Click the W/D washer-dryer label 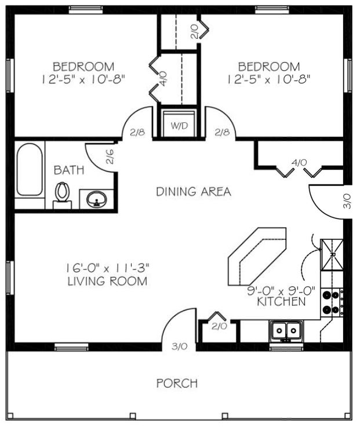[x=179, y=126]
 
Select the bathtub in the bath [x=30, y=170]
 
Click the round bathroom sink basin [x=97, y=199]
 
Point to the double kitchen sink [x=286, y=331]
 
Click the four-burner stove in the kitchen [x=332, y=302]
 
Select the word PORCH [x=177, y=383]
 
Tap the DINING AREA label [x=194, y=192]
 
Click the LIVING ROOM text [x=107, y=281]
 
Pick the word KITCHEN [x=281, y=302]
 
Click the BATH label [x=69, y=170]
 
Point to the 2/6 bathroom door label [x=110, y=156]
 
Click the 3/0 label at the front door [x=180, y=346]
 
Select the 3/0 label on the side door [x=347, y=201]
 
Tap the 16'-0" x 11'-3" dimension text [x=107, y=268]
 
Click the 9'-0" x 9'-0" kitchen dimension [x=281, y=291]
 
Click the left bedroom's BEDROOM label [x=83, y=67]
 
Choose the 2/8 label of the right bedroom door [x=222, y=133]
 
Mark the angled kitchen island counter [x=257, y=256]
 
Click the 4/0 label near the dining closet [x=299, y=163]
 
